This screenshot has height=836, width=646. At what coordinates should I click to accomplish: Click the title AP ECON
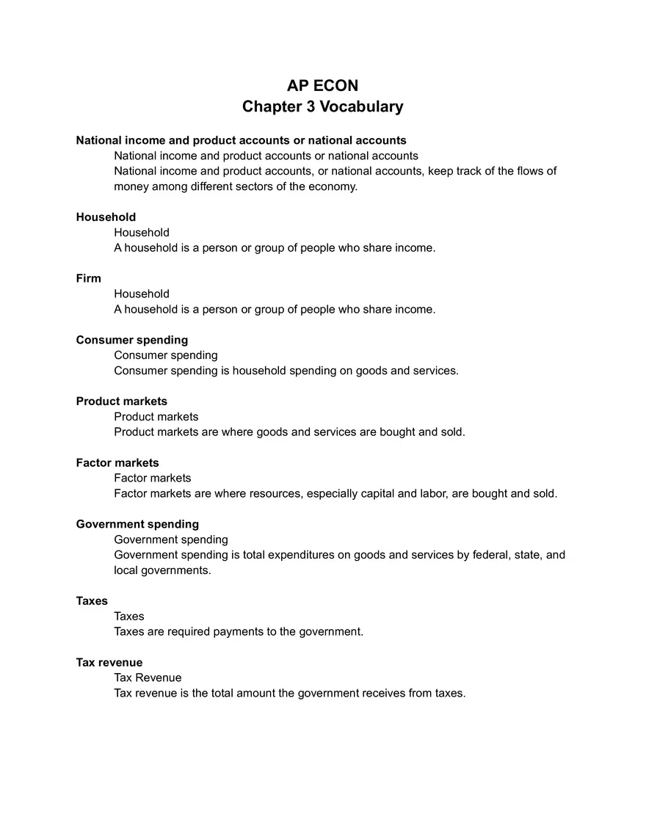click(322, 86)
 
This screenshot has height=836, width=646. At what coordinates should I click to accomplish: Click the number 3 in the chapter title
click(309, 107)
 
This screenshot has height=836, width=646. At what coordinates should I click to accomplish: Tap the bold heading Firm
click(88, 278)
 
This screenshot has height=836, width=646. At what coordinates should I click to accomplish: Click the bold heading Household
click(106, 217)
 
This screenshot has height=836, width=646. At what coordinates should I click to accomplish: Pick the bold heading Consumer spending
click(132, 340)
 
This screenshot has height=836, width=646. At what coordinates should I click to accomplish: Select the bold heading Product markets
click(122, 401)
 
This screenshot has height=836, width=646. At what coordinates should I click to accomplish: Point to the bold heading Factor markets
click(117, 462)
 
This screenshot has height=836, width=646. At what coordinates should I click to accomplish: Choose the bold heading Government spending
click(137, 524)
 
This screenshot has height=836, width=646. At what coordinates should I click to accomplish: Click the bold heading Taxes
click(92, 600)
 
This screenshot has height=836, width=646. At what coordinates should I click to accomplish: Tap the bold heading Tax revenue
click(109, 662)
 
